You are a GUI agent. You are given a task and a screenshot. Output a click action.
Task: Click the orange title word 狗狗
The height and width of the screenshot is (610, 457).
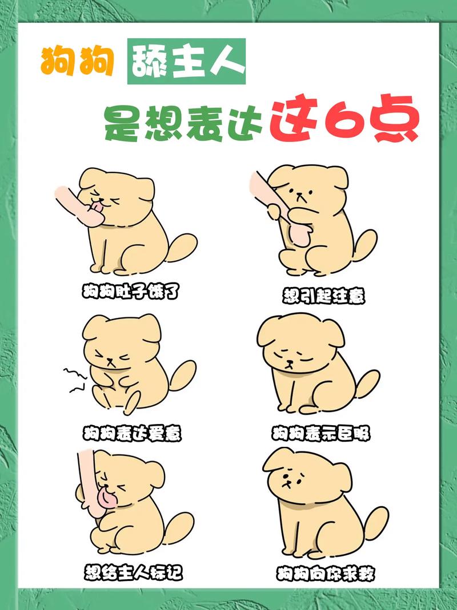tap(77, 62)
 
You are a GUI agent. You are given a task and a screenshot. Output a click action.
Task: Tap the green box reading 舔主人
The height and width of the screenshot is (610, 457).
tap(186, 61)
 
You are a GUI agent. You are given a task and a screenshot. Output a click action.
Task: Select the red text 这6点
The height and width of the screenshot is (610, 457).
tap(344, 119)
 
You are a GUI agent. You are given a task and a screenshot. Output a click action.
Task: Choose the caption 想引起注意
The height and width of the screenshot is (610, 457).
tap(324, 296)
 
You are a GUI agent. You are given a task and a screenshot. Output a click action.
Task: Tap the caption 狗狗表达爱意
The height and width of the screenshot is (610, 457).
tap(132, 433)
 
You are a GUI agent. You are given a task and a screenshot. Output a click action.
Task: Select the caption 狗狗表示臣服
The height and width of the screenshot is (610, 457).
tap(320, 433)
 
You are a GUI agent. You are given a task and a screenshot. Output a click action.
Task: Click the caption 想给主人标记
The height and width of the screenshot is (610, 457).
tap(133, 573)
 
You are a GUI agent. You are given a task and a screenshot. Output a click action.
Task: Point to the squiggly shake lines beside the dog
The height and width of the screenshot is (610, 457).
tap(75, 379)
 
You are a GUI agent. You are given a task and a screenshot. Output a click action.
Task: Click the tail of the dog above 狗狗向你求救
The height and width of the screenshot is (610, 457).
tap(374, 524)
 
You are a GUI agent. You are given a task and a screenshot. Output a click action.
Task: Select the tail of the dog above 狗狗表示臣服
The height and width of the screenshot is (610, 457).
tap(366, 383)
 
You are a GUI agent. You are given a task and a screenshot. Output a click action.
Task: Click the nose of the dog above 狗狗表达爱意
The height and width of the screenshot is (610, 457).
tap(111, 360)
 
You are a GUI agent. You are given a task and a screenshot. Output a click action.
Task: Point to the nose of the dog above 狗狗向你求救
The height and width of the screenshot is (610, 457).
tap(287, 483)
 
